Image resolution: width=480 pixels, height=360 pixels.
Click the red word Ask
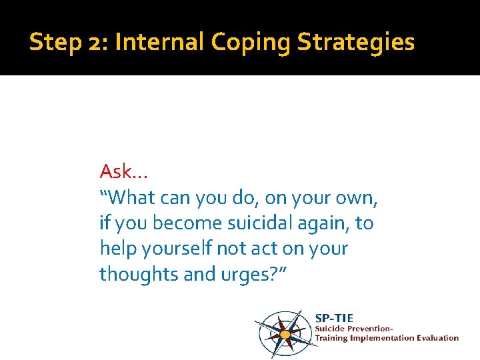(115, 172)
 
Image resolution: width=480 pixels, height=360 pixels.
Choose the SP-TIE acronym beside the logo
(334, 318)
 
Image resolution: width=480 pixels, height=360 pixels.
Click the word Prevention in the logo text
(371, 328)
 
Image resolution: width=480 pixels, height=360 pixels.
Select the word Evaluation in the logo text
(436, 337)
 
